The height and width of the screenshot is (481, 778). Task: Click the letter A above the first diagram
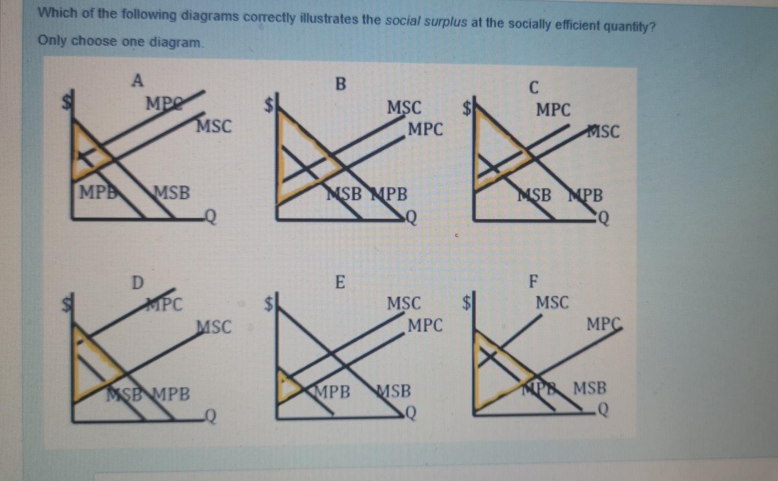(x=138, y=81)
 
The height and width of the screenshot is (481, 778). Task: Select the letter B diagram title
(x=340, y=84)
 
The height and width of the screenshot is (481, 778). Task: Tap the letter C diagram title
(x=534, y=87)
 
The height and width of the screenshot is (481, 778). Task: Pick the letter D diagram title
(x=138, y=282)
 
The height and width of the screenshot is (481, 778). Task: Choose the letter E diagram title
(x=340, y=282)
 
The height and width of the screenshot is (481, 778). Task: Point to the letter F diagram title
(x=533, y=281)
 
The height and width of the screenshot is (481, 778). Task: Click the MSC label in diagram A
(x=214, y=126)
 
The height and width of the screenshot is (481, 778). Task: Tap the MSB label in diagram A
(x=172, y=192)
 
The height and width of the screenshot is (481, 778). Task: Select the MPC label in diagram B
(x=425, y=129)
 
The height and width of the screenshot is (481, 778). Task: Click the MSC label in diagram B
(x=405, y=108)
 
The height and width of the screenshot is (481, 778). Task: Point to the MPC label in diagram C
(x=553, y=110)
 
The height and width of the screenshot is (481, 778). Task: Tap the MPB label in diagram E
(x=333, y=392)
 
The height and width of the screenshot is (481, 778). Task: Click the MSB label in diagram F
(x=590, y=387)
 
